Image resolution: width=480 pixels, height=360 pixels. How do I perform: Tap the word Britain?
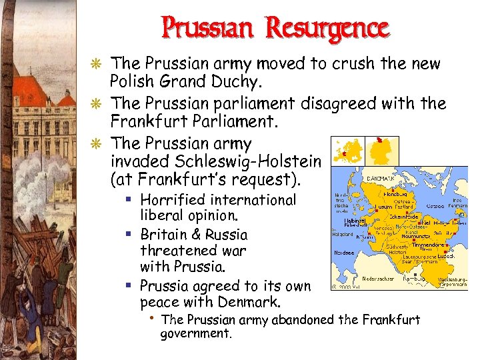click(x=163, y=235)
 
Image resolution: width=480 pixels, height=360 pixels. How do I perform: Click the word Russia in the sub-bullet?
click(x=226, y=235)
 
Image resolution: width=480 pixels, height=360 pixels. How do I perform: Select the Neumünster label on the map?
click(x=417, y=237)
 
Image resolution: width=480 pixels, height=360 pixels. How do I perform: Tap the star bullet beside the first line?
click(x=99, y=65)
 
